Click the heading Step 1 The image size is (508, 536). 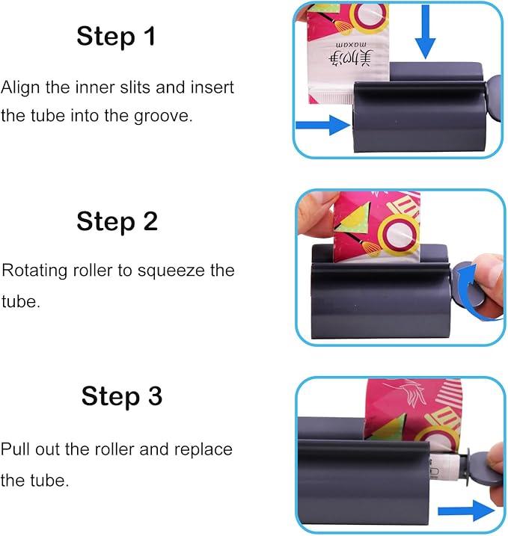pos(116,36)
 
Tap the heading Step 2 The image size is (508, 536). pos(117,221)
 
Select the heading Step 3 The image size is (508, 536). pos(122,396)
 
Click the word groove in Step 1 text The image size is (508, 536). pos(163,116)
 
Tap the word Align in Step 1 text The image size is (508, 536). pos(20,88)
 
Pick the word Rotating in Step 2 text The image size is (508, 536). pos(34,271)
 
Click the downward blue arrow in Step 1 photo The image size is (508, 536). pos(425,32)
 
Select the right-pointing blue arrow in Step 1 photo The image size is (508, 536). pos(322,125)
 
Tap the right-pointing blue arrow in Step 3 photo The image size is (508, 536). pos(466,511)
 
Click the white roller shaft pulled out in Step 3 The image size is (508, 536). pos(444,467)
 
